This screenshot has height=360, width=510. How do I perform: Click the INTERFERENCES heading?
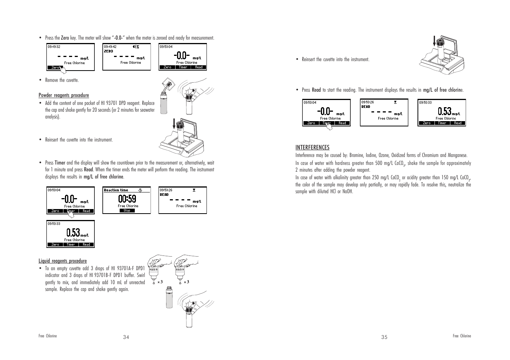312,148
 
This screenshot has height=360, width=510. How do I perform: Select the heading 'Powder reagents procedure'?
64,95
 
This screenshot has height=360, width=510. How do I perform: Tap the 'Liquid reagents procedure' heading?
63,261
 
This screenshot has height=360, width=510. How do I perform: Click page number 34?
126,337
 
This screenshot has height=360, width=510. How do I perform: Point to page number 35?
384,337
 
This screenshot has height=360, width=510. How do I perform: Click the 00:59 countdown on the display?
127,198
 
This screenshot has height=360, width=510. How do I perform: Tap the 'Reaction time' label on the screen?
116,190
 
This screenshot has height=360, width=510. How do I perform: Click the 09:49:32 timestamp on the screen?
54,47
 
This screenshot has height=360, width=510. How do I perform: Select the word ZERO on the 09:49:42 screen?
108,51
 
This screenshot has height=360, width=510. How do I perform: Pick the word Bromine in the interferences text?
356,155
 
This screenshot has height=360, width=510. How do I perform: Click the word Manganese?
458,155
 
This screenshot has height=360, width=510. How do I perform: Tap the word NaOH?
347,192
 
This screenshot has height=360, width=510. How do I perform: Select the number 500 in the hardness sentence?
379,163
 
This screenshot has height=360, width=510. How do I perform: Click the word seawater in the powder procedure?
147,110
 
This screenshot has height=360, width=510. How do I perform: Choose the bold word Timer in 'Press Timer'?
60,163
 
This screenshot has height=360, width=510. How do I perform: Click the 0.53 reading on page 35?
445,111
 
